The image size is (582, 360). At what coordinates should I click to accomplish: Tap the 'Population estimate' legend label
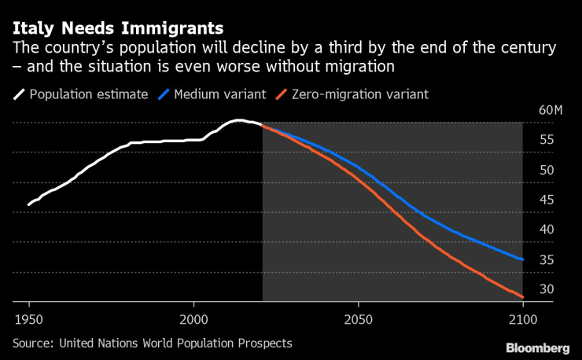[x=88, y=94]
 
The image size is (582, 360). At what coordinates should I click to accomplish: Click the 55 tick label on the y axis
[x=546, y=140]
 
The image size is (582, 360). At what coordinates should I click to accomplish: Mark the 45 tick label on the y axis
[x=546, y=200]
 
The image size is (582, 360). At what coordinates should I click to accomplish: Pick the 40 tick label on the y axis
[x=546, y=230]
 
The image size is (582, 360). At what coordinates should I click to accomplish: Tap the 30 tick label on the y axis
[x=546, y=289]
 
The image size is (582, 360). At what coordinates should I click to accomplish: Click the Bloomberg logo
[x=539, y=347]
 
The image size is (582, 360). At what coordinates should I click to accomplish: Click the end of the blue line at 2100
[x=523, y=259]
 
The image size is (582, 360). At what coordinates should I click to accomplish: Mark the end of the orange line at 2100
[x=523, y=297]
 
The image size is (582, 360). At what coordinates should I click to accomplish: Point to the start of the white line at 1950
[x=29, y=205]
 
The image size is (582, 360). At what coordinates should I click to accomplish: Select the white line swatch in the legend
[x=19, y=95]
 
